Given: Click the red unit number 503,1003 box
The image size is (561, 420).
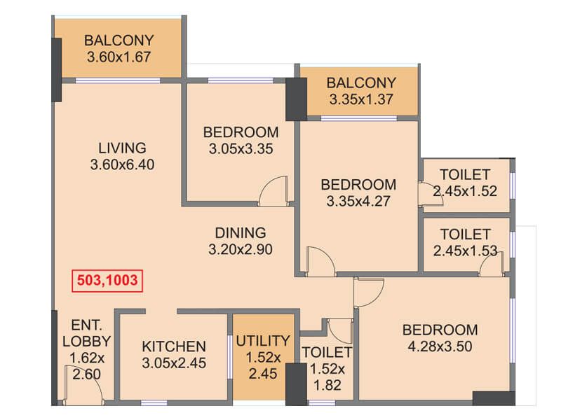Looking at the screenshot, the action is coord(107,281).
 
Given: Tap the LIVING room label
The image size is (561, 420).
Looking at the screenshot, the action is coord(122,148).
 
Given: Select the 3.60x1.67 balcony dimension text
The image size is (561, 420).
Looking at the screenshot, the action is coord(119,57).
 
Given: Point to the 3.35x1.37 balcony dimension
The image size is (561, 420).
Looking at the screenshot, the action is coord(361,99).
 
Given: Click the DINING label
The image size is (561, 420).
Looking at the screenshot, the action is coord(241,233).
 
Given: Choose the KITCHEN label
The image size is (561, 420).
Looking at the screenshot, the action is coord(174,346).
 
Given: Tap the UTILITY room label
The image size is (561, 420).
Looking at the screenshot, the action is coord(263,341).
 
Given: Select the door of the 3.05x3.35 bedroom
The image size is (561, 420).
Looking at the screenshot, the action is coord(273,190).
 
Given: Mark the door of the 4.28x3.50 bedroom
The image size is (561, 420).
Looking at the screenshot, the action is coord(369,292).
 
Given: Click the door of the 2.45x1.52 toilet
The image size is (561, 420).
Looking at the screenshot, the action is coord(431,195).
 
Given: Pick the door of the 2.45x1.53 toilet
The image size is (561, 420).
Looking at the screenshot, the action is coord(492,263).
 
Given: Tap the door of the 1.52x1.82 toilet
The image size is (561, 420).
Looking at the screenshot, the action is coord(340,331).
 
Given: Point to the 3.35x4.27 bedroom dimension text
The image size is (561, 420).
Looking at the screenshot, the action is coord(358,201).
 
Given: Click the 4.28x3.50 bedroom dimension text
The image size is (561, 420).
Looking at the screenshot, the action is coord(440,346).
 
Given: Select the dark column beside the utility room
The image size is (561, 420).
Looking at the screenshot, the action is coord(296,384).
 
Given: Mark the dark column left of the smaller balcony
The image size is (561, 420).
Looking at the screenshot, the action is coord(296,99).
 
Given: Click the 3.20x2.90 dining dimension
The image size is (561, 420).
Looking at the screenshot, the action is coord(241,249).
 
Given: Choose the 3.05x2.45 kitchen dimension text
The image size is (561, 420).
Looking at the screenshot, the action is coord(174,363).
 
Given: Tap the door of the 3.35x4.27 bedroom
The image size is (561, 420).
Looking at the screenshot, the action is coord(320,260).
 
